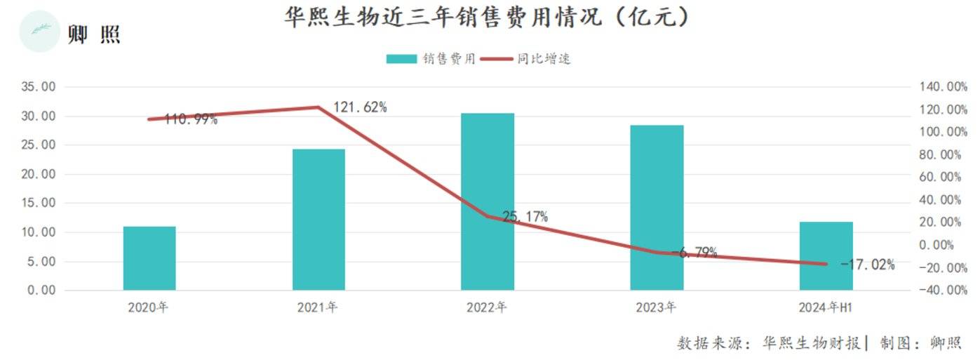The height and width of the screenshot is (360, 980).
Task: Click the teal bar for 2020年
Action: pyautogui.click(x=149, y=258)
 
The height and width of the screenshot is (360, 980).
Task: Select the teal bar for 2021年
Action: pyautogui.click(x=318, y=220)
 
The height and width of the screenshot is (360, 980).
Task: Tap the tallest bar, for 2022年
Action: pyautogui.click(x=488, y=201)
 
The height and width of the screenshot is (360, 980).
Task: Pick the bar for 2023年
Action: pyautogui.click(x=657, y=208)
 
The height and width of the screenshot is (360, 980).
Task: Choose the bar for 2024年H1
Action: pyautogui.click(x=826, y=256)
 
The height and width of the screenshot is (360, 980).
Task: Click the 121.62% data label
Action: pyautogui.click(x=359, y=107)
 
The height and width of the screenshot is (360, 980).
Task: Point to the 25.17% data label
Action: pyautogui.click(x=525, y=217)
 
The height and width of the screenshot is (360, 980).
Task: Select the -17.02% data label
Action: pyautogui.click(x=867, y=265)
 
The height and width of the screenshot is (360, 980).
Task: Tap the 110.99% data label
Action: pyautogui.click(x=191, y=119)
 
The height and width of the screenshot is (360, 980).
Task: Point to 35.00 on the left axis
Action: pyautogui.click(x=39, y=87)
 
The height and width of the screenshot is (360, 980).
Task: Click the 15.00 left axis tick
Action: pyautogui.click(x=39, y=203)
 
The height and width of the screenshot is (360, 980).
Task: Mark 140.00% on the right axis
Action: pyautogui.click(x=941, y=87)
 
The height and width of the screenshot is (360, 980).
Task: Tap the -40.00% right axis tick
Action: pyautogui.click(x=941, y=290)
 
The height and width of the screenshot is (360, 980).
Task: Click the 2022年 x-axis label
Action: pyautogui.click(x=487, y=307)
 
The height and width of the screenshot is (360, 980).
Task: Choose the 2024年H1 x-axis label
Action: pyautogui.click(x=826, y=307)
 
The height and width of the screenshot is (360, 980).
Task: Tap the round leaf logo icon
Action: pyautogui.click(x=39, y=32)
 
